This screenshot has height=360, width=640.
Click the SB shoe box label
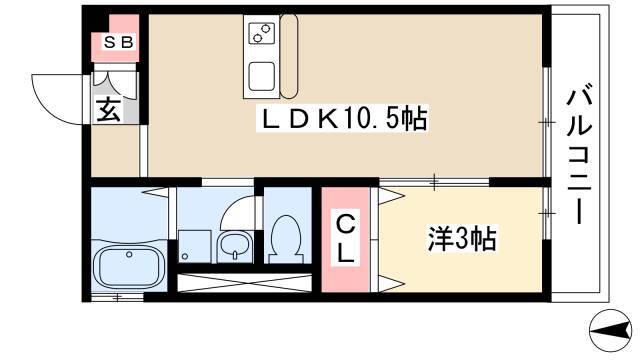tap(118, 42)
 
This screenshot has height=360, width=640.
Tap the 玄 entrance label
tap(109, 110)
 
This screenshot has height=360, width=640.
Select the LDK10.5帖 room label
tap(342, 118)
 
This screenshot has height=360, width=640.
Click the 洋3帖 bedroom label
tap(462, 238)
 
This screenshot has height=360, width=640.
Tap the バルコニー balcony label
tap(579, 156)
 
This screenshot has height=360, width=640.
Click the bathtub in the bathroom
tap(129, 265)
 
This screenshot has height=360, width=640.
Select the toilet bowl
tap(286, 240)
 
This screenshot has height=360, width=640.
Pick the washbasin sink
tap(234, 246)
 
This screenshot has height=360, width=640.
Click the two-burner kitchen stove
tap(261, 33)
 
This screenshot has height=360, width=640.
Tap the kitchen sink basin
tap(261, 76)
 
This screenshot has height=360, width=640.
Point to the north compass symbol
tap(611, 330)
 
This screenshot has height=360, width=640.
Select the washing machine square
tap(195, 247)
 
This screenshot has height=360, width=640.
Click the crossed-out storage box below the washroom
tap(244, 283)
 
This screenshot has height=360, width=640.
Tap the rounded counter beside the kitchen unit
tap(289, 56)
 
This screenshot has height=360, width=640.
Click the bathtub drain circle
tap(129, 254)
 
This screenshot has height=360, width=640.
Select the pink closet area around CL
tap(346, 240)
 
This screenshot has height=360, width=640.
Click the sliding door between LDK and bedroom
tap(434, 182)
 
